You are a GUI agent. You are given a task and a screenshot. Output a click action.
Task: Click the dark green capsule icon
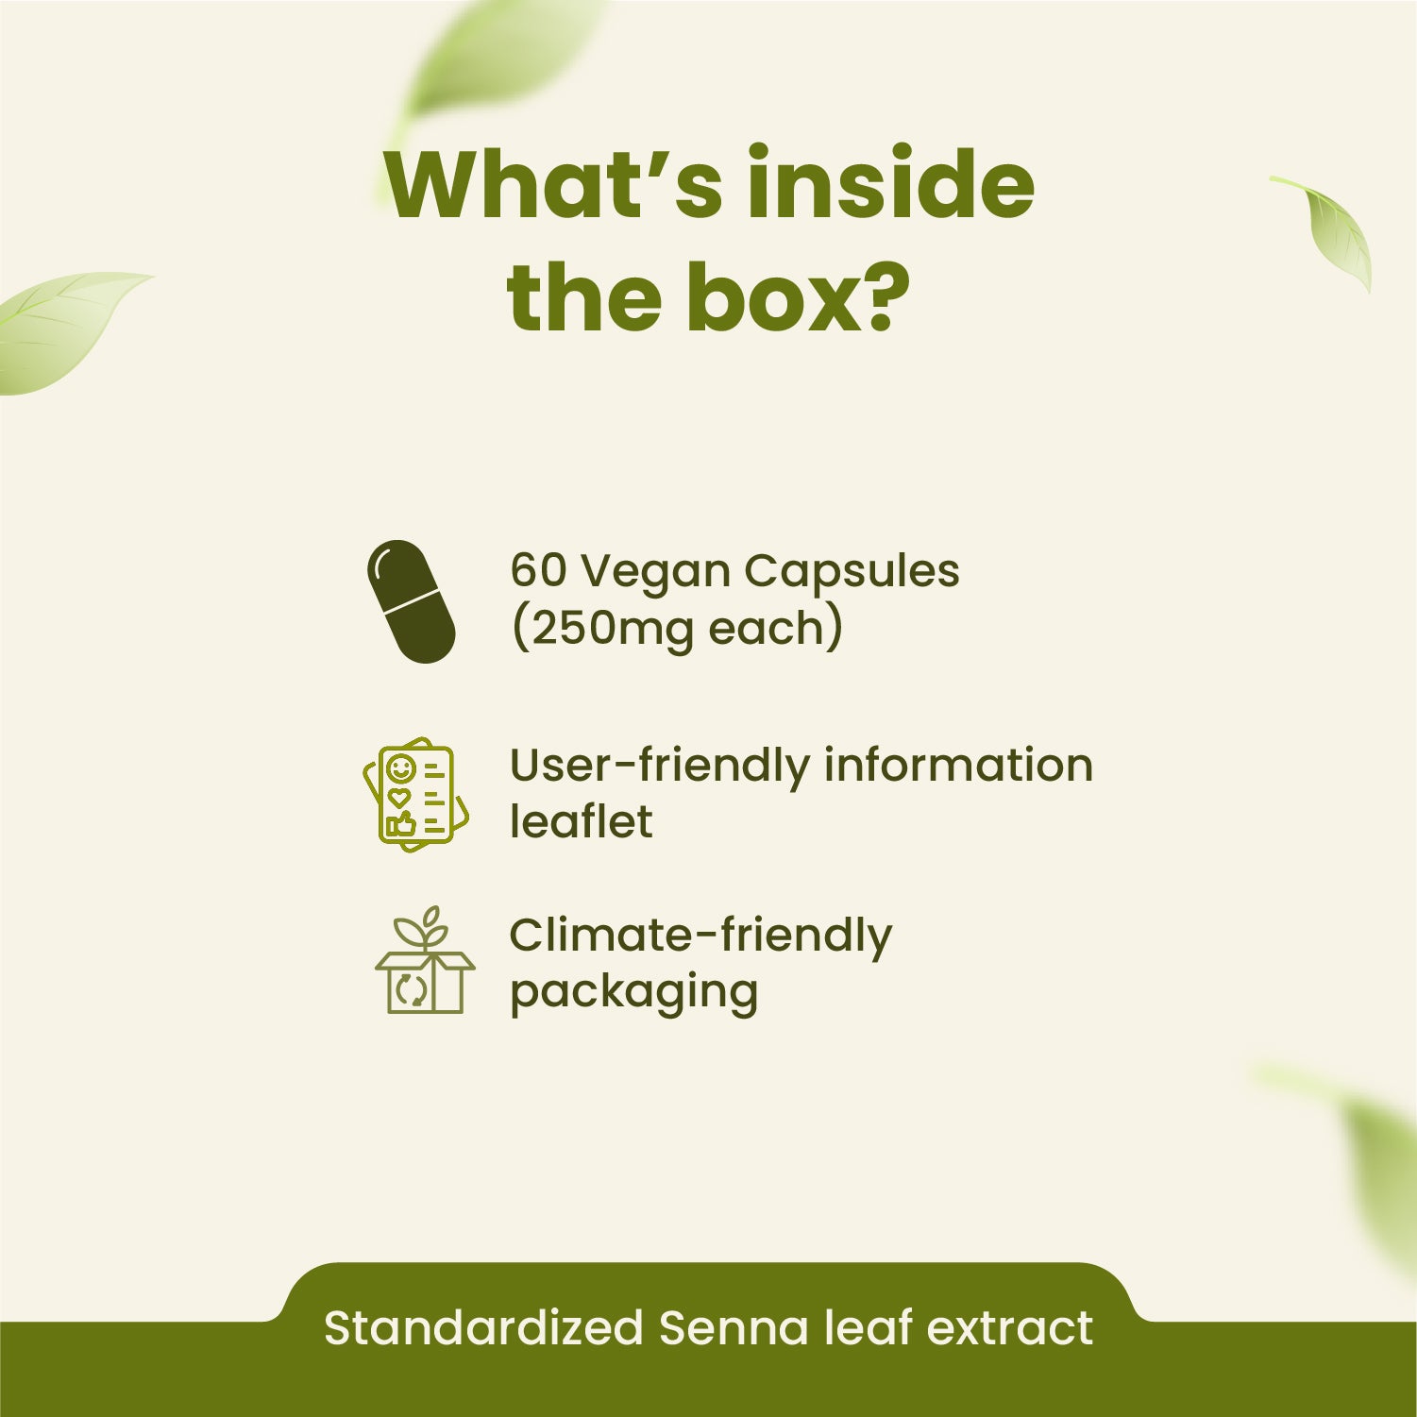[411, 601]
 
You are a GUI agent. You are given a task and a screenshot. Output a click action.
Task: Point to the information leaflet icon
[415, 794]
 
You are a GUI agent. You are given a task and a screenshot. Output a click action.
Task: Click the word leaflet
[581, 820]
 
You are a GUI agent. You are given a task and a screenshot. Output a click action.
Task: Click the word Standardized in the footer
[483, 1328]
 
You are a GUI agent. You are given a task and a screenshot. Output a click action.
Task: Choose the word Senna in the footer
[734, 1328]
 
